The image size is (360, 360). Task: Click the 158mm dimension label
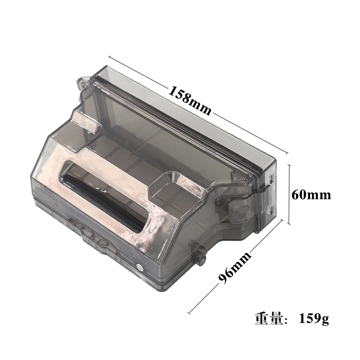(190, 100)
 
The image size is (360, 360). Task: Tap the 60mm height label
(311, 195)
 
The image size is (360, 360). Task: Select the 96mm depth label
(234, 267)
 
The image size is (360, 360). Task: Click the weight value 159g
(314, 319)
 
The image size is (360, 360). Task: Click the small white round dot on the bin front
(139, 267)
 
